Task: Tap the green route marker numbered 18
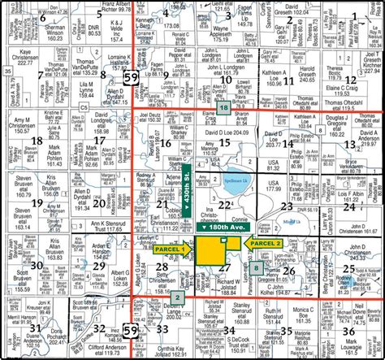(x=223, y=108)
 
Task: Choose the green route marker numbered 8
(x=257, y=267)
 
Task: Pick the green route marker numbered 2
(x=176, y=298)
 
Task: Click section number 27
(x=225, y=267)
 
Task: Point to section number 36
(x=348, y=331)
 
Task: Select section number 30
(x=36, y=265)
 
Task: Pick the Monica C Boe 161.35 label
(x=305, y=314)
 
